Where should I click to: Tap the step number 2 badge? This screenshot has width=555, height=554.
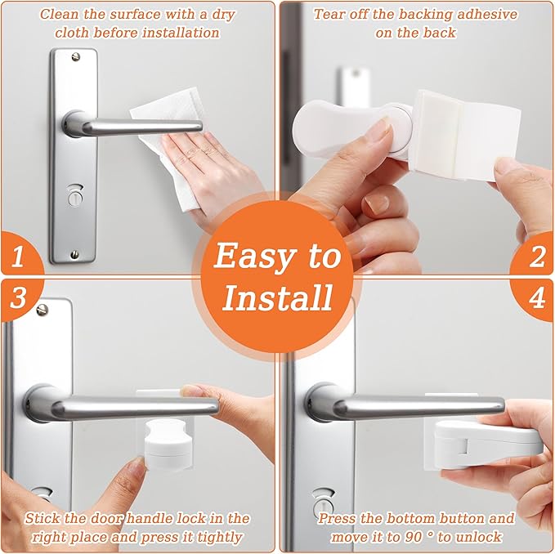[537, 258]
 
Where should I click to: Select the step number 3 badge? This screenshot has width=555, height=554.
[16, 297]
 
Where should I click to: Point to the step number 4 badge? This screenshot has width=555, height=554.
[537, 297]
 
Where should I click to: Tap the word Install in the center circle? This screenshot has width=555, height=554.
[278, 297]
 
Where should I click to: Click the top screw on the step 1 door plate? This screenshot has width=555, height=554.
[76, 56]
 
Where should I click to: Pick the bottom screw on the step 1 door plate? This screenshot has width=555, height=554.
[75, 255]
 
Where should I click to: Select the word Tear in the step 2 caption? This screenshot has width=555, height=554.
[330, 14]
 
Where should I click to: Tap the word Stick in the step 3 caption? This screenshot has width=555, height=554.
[43, 518]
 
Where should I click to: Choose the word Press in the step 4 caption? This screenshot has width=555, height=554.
[338, 518]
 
